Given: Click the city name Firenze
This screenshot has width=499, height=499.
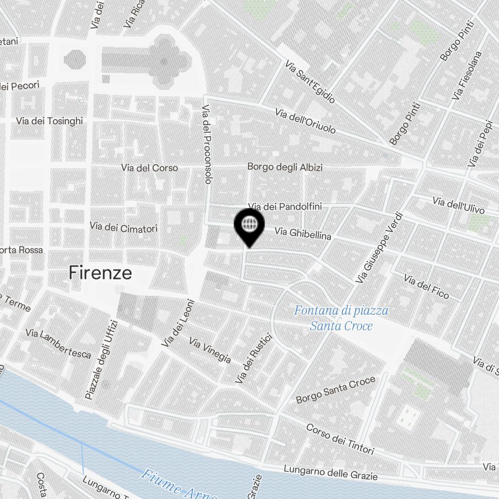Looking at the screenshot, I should [x=100, y=273].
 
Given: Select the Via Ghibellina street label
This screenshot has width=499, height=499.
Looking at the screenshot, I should [x=303, y=233].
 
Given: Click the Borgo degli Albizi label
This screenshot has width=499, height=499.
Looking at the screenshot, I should [x=285, y=167].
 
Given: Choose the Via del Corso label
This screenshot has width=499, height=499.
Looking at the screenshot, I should [x=149, y=168].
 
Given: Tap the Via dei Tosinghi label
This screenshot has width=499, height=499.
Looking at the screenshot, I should [x=49, y=121].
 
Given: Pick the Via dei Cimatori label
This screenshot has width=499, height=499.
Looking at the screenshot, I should [x=123, y=228].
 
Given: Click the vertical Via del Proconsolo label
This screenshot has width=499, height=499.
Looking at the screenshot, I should [x=207, y=145].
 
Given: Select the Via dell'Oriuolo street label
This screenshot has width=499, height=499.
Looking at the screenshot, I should [x=305, y=121].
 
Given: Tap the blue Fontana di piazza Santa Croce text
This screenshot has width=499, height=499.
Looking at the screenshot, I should [x=341, y=318].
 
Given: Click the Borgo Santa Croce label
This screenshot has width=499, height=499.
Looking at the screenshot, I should [x=335, y=390].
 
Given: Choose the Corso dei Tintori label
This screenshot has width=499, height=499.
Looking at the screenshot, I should [x=340, y=440].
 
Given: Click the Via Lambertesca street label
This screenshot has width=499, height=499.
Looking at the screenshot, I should [x=58, y=344].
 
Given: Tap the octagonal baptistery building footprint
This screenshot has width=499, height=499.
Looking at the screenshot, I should [x=75, y=60].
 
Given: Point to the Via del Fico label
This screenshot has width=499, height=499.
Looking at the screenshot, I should [x=426, y=287].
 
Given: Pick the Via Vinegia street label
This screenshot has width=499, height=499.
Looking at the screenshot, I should [x=210, y=350].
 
